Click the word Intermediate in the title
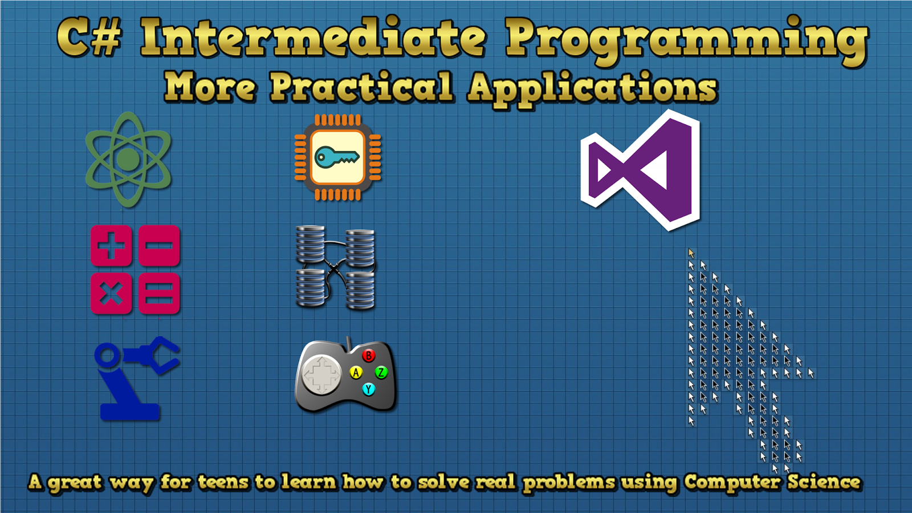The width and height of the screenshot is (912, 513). (x=313, y=38)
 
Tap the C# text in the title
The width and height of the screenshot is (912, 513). (x=89, y=38)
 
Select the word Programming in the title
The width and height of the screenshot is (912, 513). (x=687, y=40)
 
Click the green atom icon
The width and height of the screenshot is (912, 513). (x=128, y=159)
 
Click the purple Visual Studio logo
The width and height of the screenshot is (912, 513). (x=641, y=170)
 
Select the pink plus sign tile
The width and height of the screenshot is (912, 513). (x=111, y=246)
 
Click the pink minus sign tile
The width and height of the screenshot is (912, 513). (x=159, y=246)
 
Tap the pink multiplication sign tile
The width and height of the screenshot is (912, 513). (x=111, y=294)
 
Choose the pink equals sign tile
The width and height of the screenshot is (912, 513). (x=159, y=294)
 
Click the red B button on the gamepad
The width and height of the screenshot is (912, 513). (x=368, y=356)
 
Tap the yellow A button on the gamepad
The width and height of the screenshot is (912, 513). (x=356, y=372)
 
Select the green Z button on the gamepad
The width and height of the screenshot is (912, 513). (x=381, y=372)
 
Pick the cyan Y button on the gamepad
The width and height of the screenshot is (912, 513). (x=368, y=389)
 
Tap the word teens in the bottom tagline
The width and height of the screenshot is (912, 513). (x=223, y=482)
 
